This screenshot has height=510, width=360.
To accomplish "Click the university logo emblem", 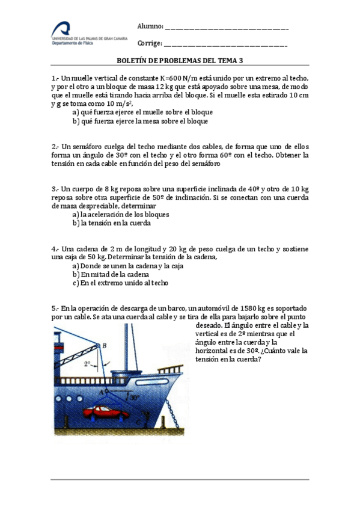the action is (x=62, y=29).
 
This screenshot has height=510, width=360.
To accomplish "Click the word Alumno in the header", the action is (x=150, y=27).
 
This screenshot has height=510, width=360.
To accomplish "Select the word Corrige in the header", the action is (x=150, y=43).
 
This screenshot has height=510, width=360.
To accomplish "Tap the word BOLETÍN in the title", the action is (x=132, y=61).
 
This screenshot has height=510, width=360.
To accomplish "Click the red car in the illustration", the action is (x=106, y=413).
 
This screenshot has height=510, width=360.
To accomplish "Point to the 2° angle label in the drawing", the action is (x=88, y=364).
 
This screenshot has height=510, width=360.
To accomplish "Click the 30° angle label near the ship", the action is (x=135, y=398).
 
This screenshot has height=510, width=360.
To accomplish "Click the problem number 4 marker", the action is (x=55, y=249).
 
